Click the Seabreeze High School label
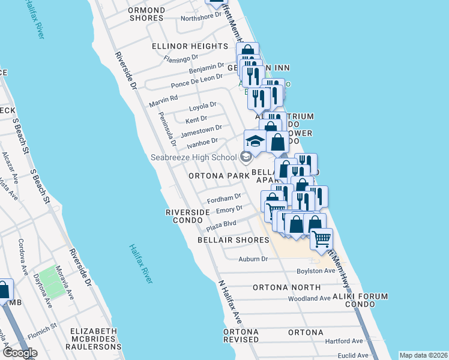click(x=194, y=158)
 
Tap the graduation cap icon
click(x=255, y=142)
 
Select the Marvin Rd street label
click(x=165, y=98)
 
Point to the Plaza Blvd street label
click(x=221, y=226)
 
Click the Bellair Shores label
click(x=234, y=240)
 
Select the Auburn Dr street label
click(x=252, y=259)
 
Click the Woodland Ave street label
click(x=309, y=298)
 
